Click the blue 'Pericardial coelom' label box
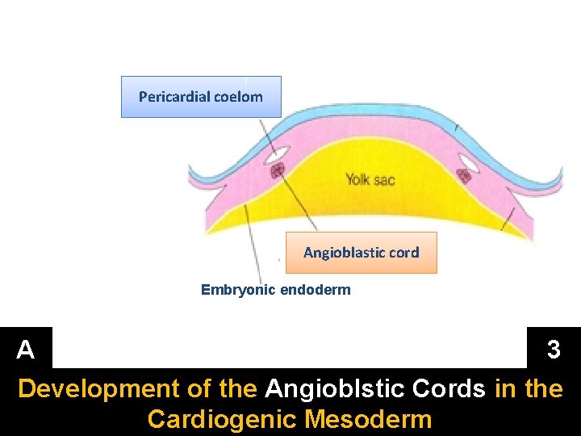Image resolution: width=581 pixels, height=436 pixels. (201, 97)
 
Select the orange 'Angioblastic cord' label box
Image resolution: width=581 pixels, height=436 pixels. (361, 253)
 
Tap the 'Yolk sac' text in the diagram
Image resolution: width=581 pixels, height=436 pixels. (370, 179)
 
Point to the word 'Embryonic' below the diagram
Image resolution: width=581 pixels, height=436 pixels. (238, 290)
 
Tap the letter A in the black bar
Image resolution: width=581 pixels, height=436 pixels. (26, 350)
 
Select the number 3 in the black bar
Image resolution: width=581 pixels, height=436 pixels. (554, 350)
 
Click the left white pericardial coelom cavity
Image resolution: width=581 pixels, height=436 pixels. (278, 152)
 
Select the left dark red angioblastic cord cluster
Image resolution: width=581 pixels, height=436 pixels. (278, 170)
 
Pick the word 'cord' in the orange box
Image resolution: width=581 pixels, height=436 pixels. (403, 253)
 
